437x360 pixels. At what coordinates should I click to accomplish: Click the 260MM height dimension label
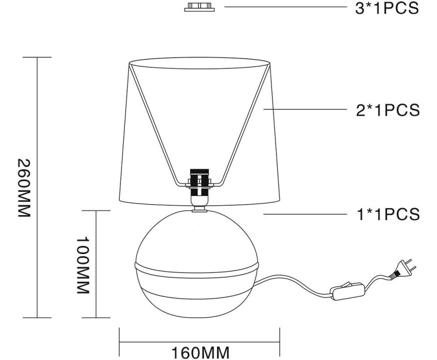click(24, 188)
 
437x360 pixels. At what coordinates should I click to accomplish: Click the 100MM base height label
click(82, 265)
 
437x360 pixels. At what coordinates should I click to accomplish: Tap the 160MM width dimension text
click(200, 353)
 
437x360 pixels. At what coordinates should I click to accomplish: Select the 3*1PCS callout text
click(387, 8)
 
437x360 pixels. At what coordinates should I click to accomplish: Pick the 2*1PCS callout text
click(388, 110)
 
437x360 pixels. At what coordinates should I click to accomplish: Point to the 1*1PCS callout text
click(388, 214)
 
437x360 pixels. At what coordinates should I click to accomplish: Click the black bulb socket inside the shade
click(199, 183)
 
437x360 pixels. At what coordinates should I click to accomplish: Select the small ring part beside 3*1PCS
click(199, 7)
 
